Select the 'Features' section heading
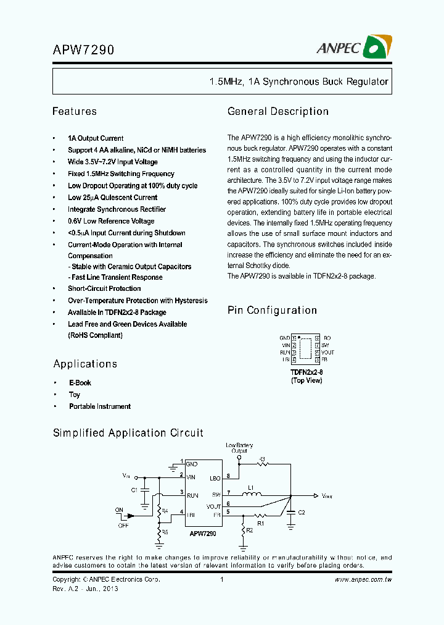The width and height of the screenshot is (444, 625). tap(75, 112)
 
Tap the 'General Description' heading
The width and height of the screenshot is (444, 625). tap(278, 112)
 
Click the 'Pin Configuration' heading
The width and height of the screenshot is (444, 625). tap(272, 310)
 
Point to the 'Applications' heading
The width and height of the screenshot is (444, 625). tap(85, 364)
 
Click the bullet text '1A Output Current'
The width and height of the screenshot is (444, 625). tap(96, 138)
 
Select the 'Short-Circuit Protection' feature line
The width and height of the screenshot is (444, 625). tap(104, 288)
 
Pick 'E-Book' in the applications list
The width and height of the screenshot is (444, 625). tap(80, 383)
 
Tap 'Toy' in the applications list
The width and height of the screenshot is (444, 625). tap(75, 395)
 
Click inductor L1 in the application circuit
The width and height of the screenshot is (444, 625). tap(250, 493)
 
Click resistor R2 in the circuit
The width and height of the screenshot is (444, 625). tap(243, 529)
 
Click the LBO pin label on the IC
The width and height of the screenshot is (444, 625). tap(215, 477)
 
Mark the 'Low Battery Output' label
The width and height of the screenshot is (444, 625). tap(240, 448)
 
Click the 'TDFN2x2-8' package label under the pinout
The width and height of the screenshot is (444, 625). tap(306, 372)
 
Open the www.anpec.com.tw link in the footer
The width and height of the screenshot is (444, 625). tap(364, 579)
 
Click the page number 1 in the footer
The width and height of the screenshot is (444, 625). tap(221, 579)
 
